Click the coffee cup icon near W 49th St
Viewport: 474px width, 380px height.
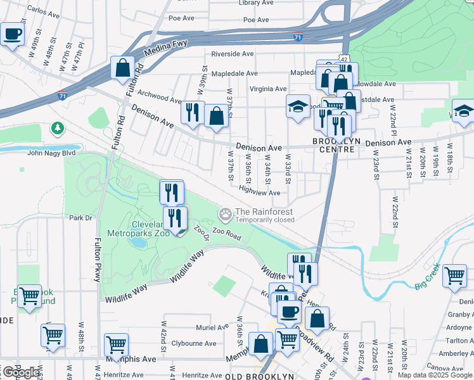tap(12, 34)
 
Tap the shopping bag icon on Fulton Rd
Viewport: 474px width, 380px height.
tap(122, 68)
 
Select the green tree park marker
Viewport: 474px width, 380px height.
tap(58, 129)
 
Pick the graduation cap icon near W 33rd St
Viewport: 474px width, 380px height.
tap(298, 106)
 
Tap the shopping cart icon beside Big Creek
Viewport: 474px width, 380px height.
tap(454, 275)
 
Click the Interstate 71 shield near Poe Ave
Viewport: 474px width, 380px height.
tap(298, 36)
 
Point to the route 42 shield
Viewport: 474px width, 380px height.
tap(343, 58)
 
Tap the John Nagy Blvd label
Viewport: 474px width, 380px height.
tap(51, 152)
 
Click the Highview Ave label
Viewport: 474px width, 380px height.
tap(260, 193)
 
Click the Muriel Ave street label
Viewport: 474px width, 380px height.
tap(212, 327)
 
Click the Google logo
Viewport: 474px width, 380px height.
tap(20, 372)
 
